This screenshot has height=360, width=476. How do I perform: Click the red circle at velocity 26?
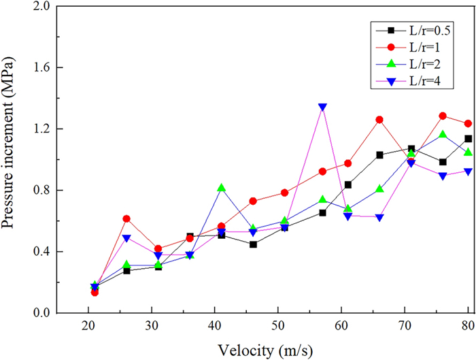126,218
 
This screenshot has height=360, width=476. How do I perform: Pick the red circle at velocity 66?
379,120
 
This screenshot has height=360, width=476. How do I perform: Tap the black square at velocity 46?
253,244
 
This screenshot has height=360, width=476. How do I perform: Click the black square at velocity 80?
468,139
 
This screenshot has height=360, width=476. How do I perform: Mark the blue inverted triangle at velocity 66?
379,218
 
